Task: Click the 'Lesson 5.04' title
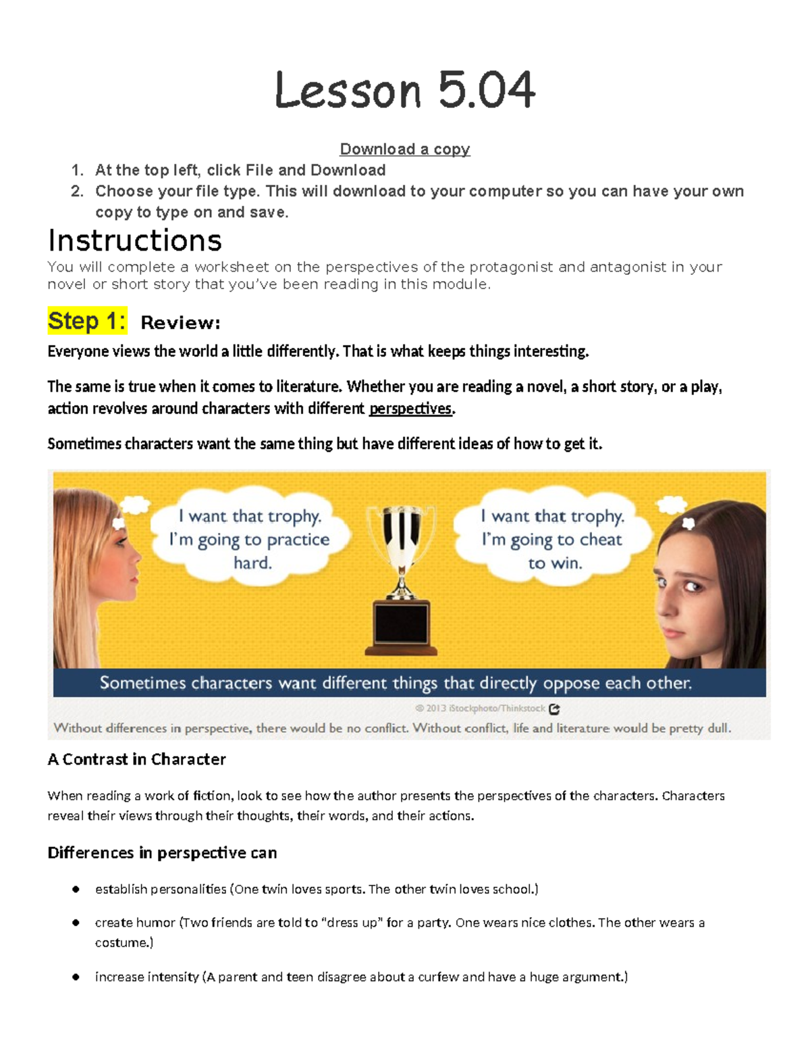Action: (405, 91)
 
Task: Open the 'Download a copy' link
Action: (405, 149)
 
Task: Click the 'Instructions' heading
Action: (135, 240)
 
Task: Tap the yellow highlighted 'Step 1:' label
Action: (87, 321)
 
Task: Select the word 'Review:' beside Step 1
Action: (180, 323)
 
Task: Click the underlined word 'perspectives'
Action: (410, 409)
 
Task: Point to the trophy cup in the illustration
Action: (402, 534)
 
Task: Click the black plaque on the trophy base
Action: (402, 623)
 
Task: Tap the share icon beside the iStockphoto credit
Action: (555, 709)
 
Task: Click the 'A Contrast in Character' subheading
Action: (136, 759)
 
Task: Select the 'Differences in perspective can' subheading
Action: (162, 852)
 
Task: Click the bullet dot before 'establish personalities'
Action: (76, 889)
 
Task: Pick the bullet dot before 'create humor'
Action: (76, 923)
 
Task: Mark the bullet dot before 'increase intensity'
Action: (76, 977)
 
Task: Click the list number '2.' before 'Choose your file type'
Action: (77, 191)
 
